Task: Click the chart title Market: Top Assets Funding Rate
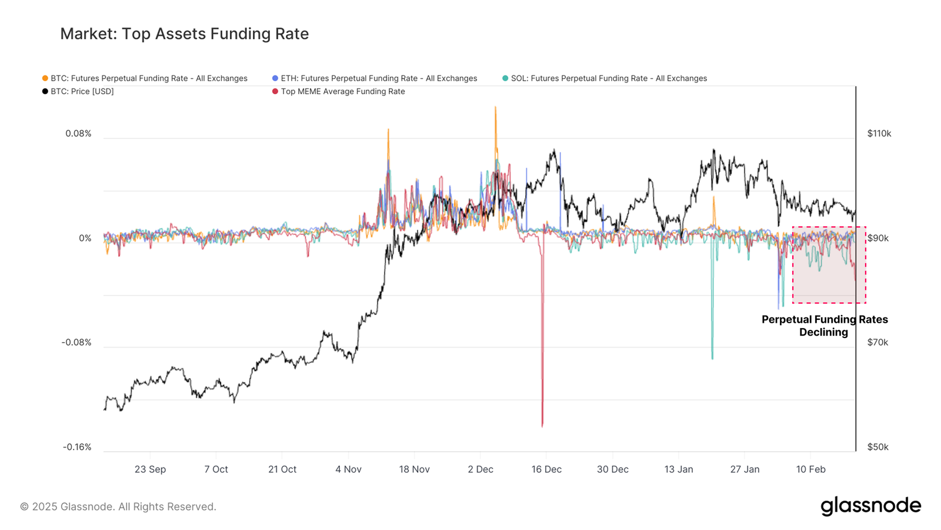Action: [184, 34]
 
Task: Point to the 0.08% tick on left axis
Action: [78, 134]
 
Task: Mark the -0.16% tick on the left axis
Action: [77, 447]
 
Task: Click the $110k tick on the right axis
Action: [879, 134]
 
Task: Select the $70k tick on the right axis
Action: [877, 342]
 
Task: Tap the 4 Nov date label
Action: [348, 469]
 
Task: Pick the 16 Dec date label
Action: [546, 469]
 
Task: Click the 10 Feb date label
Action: [810, 469]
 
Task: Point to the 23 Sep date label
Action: [150, 469]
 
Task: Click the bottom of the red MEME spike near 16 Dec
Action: [542, 426]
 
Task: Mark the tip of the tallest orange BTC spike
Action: [495, 107]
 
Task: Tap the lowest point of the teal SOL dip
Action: [712, 359]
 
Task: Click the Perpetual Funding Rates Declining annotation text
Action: [825, 326]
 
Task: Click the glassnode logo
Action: [870, 506]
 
